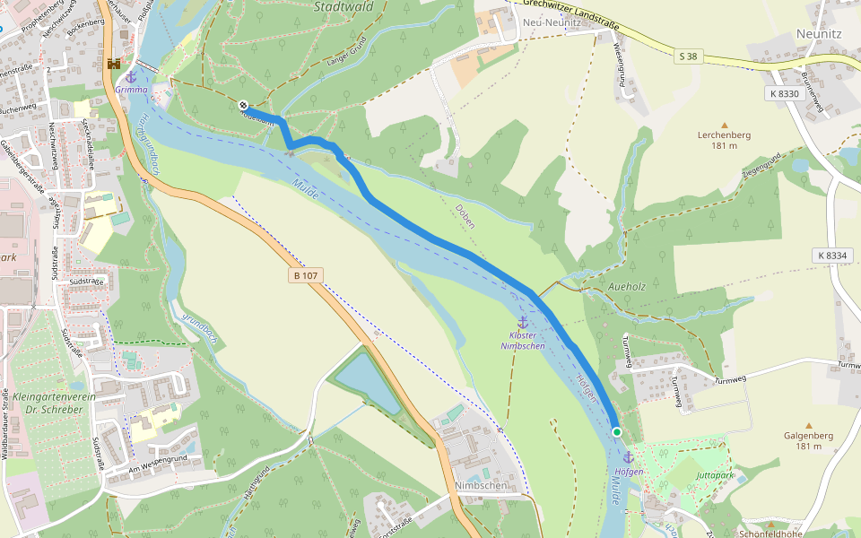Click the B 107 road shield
pyautogui.click(x=306, y=275)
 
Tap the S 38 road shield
pyautogui.click(x=687, y=56)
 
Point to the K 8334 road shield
pyautogui.click(x=831, y=256)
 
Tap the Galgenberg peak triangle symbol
pyautogui.click(x=808, y=425)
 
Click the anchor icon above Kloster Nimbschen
pyautogui.click(x=522, y=322)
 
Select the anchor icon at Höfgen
pyautogui.click(x=628, y=458)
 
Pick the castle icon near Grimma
pyautogui.click(x=114, y=64)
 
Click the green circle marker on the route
pyautogui.click(x=617, y=432)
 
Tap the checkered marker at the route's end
pyautogui.click(x=243, y=105)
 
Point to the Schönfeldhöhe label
pyautogui.click(x=769, y=533)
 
